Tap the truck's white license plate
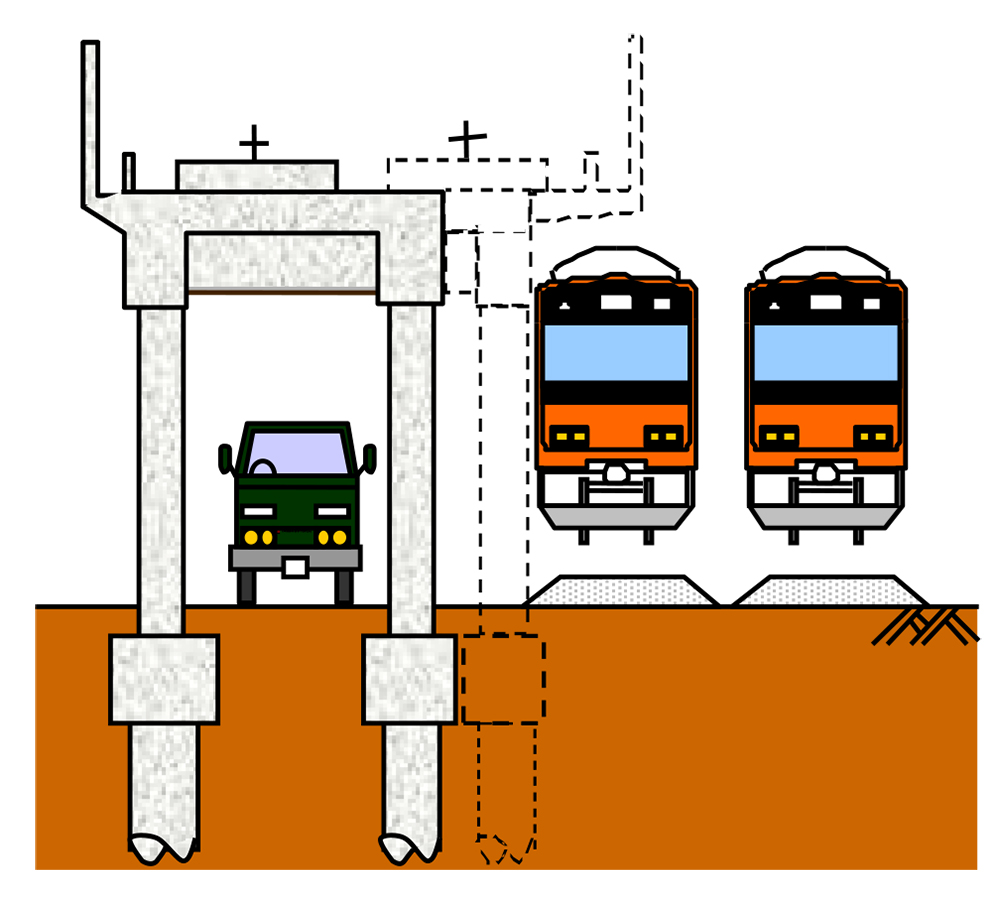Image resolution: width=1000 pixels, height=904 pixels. tap(295, 568)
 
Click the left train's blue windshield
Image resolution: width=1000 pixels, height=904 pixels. tap(616, 352)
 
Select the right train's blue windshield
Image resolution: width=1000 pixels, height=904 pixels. tap(826, 352)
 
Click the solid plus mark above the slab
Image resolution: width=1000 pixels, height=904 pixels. tap(254, 143)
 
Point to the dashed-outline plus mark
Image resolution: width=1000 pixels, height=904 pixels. tap(465, 139)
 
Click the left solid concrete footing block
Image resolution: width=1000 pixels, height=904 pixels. tap(163, 679)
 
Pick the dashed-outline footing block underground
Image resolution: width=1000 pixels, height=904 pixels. tap(503, 679)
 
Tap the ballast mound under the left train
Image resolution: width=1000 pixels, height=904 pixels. tap(622, 591)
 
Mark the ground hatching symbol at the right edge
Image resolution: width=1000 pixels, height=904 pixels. tap(925, 626)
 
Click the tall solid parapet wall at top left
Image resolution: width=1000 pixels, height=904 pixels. tap(90, 120)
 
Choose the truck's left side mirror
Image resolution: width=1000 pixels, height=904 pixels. tap(225, 459)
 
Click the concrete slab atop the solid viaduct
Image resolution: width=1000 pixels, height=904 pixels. tap(257, 175)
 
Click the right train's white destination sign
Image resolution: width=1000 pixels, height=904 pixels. tap(825, 301)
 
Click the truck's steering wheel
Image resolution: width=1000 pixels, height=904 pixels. tap(262, 467)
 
